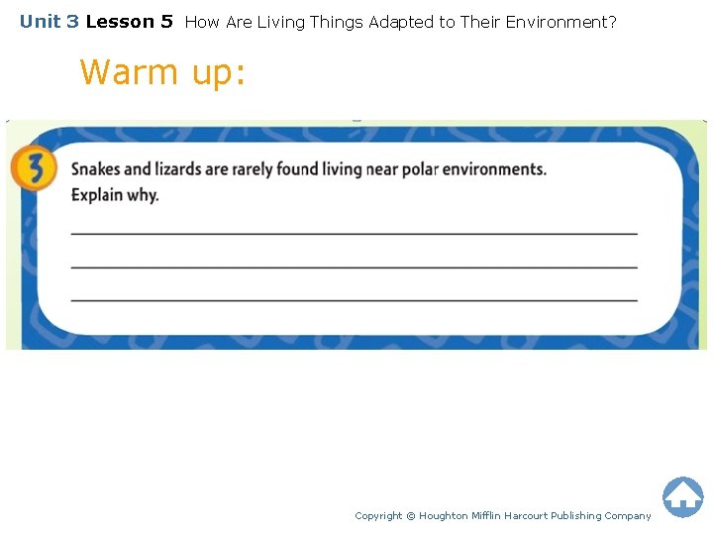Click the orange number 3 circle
33,169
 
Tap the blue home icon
682,496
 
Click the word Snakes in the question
98,168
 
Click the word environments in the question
494,168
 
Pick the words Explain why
115,194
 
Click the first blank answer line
354,233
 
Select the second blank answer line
354,267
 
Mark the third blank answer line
354,299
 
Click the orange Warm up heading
161,72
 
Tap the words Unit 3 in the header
49,21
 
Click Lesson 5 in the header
129,21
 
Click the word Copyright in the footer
378,515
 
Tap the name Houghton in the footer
446,515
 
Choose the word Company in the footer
627,515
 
